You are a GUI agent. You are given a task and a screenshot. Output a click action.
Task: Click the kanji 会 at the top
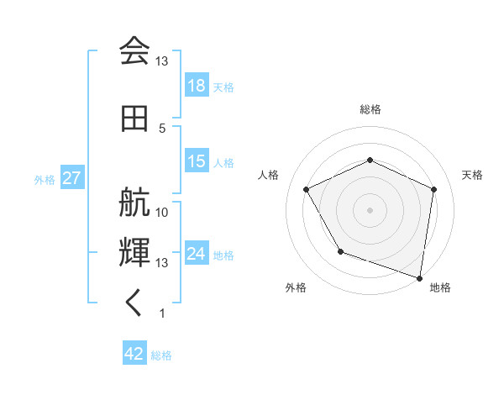pyautogui.click(x=134, y=51)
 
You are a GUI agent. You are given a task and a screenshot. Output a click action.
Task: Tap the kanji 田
pyautogui.click(x=134, y=118)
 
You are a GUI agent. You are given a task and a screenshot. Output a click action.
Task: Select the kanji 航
pyautogui.click(x=134, y=205)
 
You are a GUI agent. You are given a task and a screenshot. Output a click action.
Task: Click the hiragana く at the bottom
pyautogui.click(x=134, y=303)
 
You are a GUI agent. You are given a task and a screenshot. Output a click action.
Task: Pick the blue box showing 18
pyautogui.click(x=197, y=87)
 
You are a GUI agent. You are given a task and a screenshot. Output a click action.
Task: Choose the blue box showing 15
pyautogui.click(x=197, y=162)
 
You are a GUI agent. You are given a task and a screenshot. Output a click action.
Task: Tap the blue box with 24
pyautogui.click(x=197, y=254)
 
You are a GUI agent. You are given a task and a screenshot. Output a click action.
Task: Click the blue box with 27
pyautogui.click(x=71, y=179)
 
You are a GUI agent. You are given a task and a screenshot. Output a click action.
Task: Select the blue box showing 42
pyautogui.click(x=134, y=354)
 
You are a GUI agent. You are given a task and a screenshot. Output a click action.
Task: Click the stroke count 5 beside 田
pyautogui.click(x=162, y=128)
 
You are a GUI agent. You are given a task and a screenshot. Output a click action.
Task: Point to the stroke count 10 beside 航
pyautogui.click(x=162, y=212)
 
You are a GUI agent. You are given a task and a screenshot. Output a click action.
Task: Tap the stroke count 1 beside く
pyautogui.click(x=162, y=313)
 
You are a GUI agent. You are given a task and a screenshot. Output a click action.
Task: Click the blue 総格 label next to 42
pyautogui.click(x=161, y=355)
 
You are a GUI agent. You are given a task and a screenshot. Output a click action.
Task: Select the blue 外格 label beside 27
pyautogui.click(x=45, y=180)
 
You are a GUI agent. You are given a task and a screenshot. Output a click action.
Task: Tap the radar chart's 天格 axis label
pyautogui.click(x=472, y=175)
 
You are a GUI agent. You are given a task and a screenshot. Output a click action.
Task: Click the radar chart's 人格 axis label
pyautogui.click(x=268, y=175)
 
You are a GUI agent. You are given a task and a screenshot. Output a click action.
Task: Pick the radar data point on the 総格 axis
pyautogui.click(x=370, y=160)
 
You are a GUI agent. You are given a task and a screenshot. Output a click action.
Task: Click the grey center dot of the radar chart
pyautogui.click(x=370, y=209)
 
